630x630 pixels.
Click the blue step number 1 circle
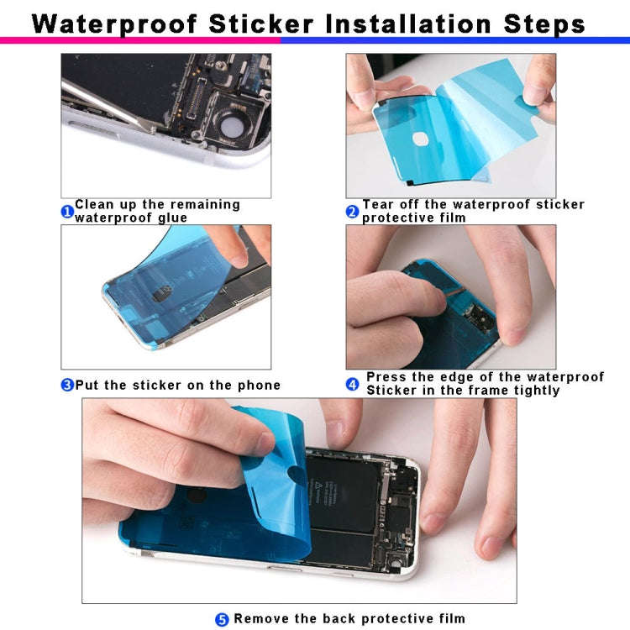click(67, 212)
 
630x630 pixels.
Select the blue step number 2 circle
click(353, 212)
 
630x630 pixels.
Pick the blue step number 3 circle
click(67, 386)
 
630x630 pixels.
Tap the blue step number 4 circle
click(353, 385)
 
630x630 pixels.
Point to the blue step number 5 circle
click(222, 619)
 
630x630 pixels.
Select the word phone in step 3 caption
click(260, 386)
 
